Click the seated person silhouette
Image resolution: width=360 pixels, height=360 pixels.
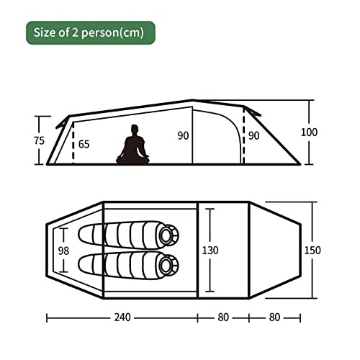coord(132,146)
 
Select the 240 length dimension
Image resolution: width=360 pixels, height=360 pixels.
coord(122,318)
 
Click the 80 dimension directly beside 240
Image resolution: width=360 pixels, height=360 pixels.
coord(224,318)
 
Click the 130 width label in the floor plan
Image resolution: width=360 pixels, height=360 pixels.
coord(211,250)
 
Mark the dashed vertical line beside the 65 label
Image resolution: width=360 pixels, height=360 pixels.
coord(73,144)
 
